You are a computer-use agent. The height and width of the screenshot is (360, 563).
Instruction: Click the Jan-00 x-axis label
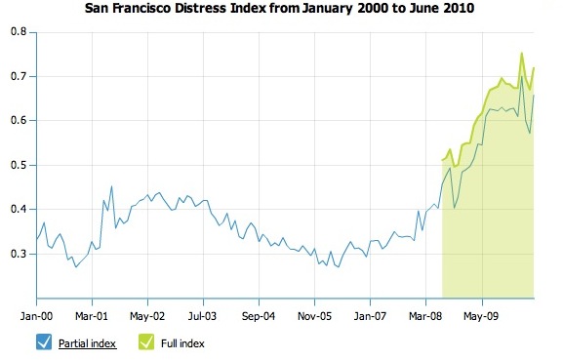pos(36,316)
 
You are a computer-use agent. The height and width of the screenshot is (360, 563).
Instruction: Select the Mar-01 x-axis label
pos(91,316)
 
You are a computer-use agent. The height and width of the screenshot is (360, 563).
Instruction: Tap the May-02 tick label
pos(146,316)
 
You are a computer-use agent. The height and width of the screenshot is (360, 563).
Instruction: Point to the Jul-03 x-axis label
pos(202,316)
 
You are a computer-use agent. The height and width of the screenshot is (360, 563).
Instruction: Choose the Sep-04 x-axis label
pos(258,316)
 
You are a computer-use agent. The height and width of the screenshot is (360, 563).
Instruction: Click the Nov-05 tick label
pos(313,316)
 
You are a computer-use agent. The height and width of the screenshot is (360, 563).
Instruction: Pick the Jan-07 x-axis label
pos(369,316)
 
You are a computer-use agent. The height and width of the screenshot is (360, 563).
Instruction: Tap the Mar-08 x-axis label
pos(424,316)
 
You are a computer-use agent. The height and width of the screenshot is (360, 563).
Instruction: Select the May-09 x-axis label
pos(480,316)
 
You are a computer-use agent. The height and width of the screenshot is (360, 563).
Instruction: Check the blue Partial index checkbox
pos(43,341)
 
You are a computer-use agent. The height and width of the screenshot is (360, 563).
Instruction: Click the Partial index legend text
pos(88,343)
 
